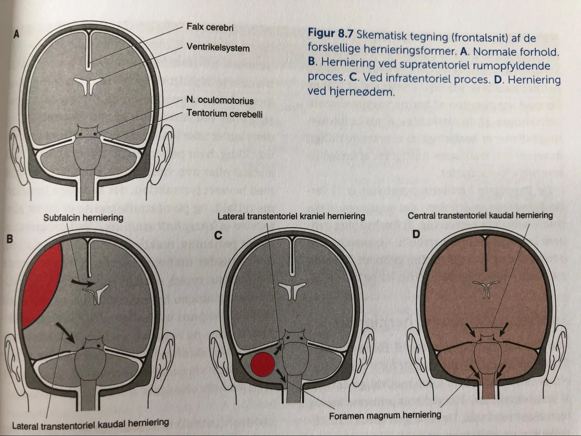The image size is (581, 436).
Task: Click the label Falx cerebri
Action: (210, 27)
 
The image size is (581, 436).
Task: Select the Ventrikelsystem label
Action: (218, 47)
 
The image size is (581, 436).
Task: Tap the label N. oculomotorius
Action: (220, 100)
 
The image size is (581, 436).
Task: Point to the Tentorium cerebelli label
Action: (224, 114)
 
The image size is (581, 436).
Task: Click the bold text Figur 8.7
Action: (330, 33)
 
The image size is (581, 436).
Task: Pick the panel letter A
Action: (16, 34)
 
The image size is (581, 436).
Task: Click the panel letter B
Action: (9, 239)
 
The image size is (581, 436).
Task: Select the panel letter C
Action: (218, 235)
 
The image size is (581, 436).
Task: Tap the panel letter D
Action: (416, 234)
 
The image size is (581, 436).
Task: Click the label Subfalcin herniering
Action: (84, 217)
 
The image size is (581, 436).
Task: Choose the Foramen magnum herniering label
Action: (385, 415)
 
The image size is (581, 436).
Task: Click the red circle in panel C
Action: (263, 364)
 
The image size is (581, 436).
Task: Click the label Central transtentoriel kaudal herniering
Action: (480, 215)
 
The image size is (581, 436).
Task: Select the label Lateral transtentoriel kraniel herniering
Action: (291, 216)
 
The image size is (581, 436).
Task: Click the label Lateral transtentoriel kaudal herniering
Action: (90, 424)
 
